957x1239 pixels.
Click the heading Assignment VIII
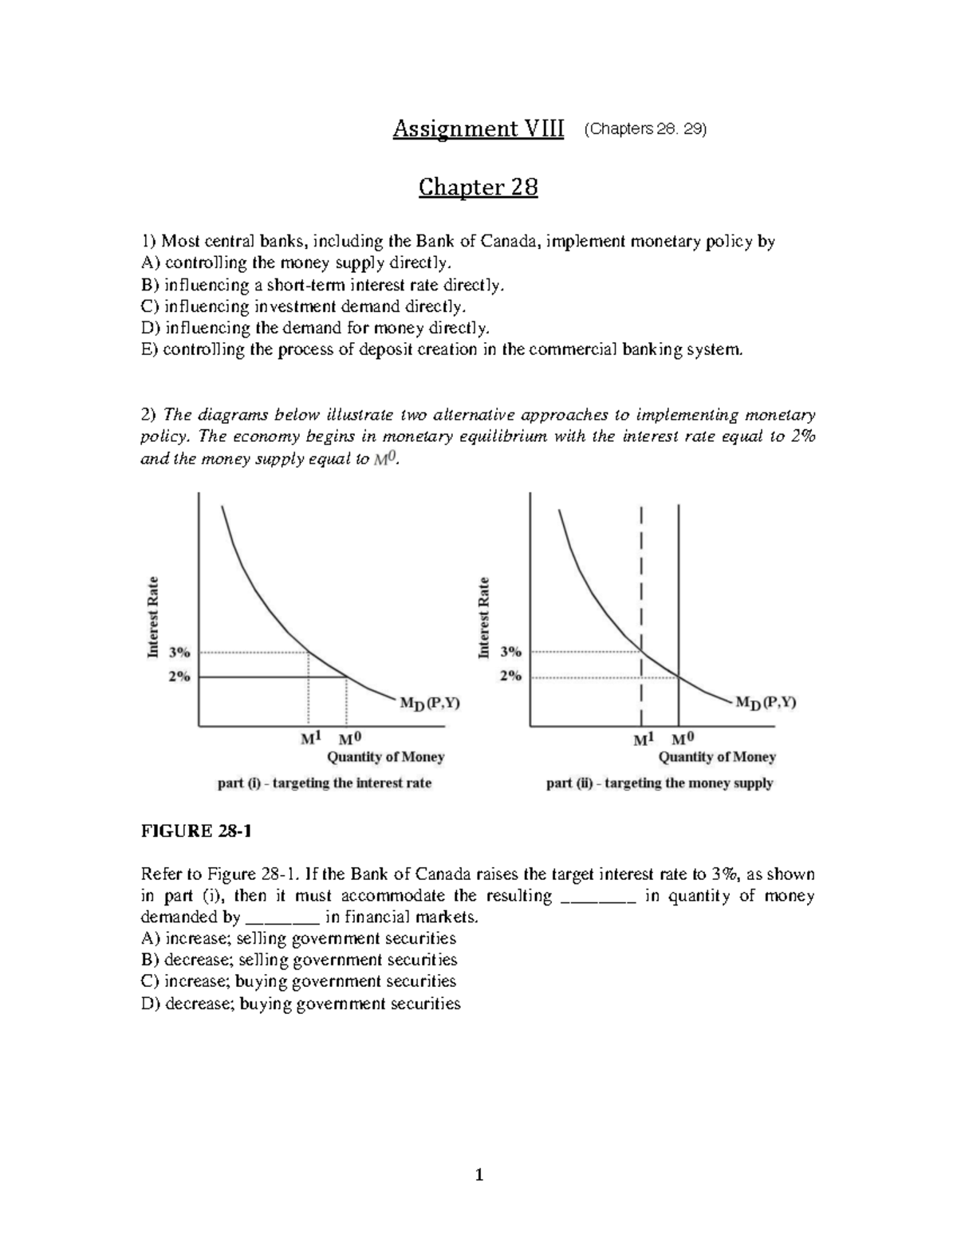478,129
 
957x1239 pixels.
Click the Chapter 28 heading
478,187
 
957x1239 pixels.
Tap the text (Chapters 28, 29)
645,129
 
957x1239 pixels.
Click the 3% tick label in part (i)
179,652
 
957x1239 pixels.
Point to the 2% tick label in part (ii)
510,676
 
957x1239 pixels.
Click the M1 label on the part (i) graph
309,739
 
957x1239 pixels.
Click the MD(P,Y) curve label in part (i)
428,704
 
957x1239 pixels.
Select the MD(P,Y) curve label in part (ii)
765,703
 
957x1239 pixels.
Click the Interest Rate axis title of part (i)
153,618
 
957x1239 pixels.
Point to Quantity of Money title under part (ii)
716,757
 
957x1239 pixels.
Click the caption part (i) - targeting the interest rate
324,783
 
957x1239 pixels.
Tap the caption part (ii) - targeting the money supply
659,783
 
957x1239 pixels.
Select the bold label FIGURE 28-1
196,831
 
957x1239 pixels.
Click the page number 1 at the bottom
478,1175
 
